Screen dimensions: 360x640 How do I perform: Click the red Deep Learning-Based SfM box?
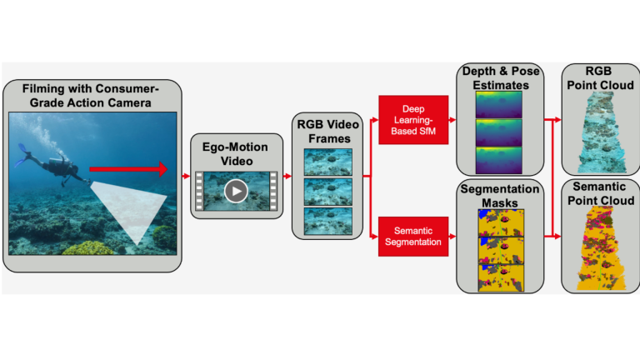413,119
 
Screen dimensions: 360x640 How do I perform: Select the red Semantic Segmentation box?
413,236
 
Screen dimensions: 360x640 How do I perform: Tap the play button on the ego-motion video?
236,192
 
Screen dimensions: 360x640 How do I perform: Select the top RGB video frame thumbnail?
327,162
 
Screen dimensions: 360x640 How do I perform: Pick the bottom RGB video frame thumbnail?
327,221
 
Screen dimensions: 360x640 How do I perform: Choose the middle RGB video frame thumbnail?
327,192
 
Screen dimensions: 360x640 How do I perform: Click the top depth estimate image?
497,105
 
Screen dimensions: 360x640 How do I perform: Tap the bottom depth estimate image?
497,160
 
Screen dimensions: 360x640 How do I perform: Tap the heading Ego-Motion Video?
236,152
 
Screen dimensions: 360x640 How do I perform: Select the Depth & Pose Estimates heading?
497,77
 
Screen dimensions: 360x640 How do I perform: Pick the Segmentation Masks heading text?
497,196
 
